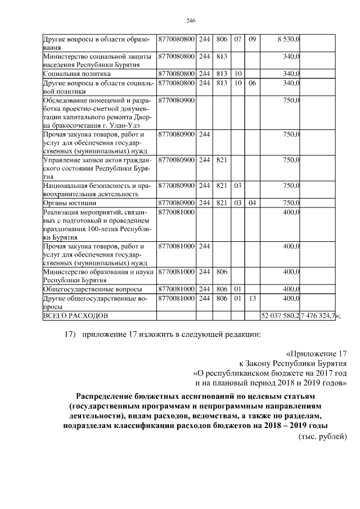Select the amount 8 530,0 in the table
288,40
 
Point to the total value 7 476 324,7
318,317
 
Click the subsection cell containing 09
252,40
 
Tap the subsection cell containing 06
252,83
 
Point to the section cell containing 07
238,40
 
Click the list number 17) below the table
70,336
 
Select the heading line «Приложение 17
317,354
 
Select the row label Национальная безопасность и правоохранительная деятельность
96,190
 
